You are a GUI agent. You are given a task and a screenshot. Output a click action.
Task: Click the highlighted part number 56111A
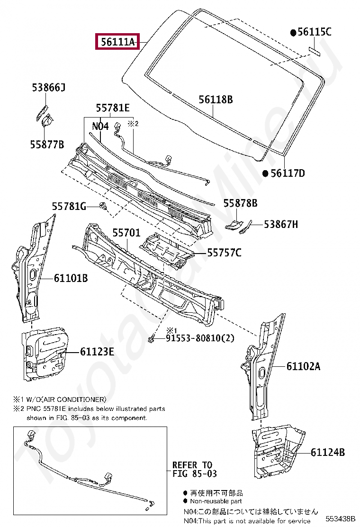click(117, 42)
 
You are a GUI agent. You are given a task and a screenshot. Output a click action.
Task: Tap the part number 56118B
click(216, 100)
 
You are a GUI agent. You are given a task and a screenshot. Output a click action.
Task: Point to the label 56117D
click(288, 173)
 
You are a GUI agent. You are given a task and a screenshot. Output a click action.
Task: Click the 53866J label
click(48, 88)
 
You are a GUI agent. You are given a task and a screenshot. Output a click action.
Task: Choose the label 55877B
click(47, 145)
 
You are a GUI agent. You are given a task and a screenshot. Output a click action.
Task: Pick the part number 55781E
click(113, 108)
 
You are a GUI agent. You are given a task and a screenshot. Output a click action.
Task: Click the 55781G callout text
click(69, 206)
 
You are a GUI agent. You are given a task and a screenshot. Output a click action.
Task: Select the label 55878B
click(240, 203)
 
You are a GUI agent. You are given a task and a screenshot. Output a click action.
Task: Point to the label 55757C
click(224, 253)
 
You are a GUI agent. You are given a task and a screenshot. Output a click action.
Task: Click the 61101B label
click(71, 278)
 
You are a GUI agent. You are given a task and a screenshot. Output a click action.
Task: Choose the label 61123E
click(97, 352)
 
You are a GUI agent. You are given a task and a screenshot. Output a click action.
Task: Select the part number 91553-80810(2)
click(200, 338)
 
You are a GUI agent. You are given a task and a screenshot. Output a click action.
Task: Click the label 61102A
click(303, 366)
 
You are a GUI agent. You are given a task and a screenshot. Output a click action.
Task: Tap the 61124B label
click(328, 452)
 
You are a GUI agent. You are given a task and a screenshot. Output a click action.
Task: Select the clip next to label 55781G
click(102, 206)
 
